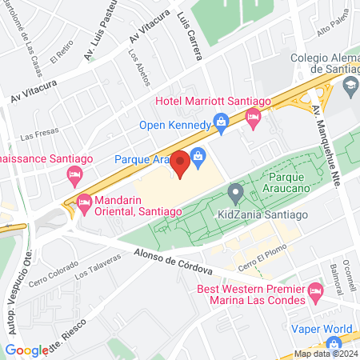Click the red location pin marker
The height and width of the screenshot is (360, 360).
pos(180,162)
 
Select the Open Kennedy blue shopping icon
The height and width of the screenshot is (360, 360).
pos(222,124)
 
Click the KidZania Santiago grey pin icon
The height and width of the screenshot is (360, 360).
pos(235,193)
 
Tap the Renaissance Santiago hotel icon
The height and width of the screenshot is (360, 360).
pos(74,173)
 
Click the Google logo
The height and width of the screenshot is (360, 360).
pos(26,350)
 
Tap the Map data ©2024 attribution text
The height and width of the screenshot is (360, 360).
pos(324,354)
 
